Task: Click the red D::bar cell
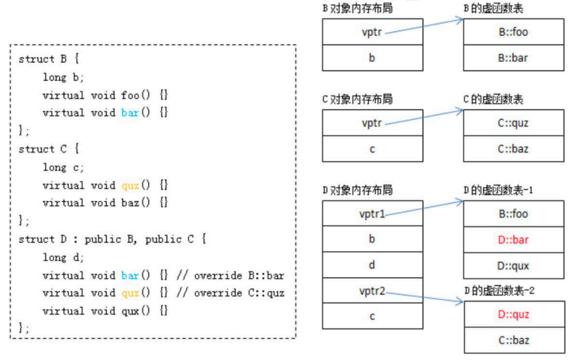coord(514,240)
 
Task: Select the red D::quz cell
coord(514,314)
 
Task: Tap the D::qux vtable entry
coord(514,266)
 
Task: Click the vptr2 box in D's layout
coord(373,290)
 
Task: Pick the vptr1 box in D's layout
coord(373,214)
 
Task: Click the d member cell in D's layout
coord(373,265)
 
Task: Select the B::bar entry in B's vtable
coord(514,58)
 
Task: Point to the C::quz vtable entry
coord(514,123)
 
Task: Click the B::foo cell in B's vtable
coord(514,32)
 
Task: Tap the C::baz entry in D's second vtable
coord(514,340)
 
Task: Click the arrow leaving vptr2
coord(425,297)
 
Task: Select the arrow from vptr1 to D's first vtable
coord(425,208)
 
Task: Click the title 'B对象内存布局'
coord(357,8)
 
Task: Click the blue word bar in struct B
coord(130,113)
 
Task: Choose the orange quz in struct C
coord(130,185)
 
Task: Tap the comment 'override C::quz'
coord(239,293)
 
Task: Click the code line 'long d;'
coord(63,257)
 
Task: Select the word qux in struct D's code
coord(130,311)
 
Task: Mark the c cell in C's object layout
coord(373,149)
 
